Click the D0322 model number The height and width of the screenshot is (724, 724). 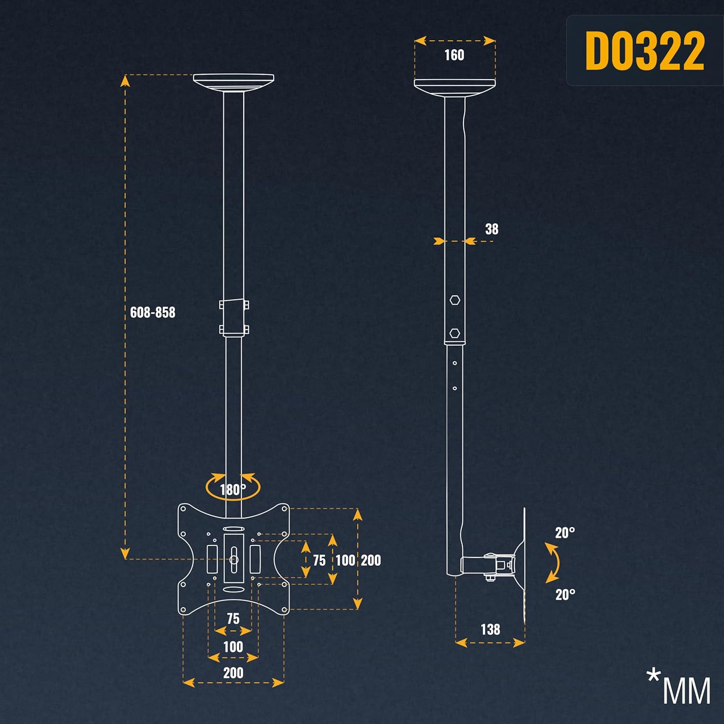[x=645, y=51]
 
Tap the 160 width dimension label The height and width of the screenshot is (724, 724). [x=454, y=55]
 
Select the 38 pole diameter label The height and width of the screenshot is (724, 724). [x=491, y=229]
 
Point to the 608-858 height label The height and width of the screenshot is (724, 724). [x=153, y=312]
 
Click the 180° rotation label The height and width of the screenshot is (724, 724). [x=233, y=489]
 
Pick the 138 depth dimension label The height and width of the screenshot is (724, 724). [x=490, y=629]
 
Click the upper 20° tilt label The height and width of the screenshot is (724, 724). [x=565, y=533]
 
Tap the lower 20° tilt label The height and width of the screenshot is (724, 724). [x=565, y=594]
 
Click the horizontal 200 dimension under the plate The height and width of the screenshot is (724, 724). [x=233, y=673]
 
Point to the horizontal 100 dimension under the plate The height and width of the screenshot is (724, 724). [x=233, y=647]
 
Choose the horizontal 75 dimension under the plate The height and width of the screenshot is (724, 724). [x=233, y=618]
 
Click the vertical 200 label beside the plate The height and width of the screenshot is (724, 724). [x=371, y=560]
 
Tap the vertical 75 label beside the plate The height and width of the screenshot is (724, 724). [x=319, y=560]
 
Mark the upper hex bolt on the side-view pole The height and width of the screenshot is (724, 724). [x=454, y=300]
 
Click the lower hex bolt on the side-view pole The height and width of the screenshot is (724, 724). [x=454, y=333]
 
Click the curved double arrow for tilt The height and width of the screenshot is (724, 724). [x=555, y=563]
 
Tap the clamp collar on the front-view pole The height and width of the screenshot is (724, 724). [x=234, y=317]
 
